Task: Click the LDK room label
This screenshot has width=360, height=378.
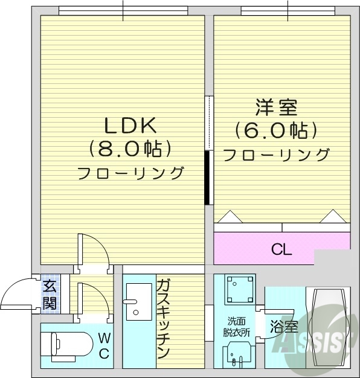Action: click(130, 126)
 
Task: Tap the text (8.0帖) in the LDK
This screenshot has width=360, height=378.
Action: click(130, 149)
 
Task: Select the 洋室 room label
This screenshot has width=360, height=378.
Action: click(276, 108)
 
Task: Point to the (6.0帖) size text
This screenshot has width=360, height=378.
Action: click(276, 130)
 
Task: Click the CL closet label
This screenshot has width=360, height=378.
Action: click(281, 249)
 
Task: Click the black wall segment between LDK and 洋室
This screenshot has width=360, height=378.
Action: click(207, 178)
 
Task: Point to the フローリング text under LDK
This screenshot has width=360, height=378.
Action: click(130, 173)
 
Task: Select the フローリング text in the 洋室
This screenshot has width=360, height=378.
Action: click(276, 155)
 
